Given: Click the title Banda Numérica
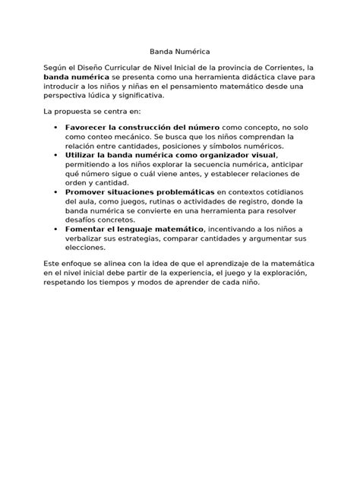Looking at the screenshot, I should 179,54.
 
